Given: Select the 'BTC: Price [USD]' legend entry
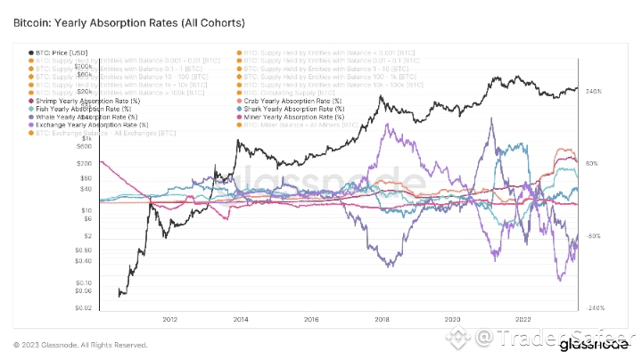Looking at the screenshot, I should click(x=58, y=53).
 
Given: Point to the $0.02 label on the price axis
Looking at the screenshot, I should click(x=84, y=307).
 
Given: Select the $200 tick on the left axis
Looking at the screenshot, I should click(x=85, y=164).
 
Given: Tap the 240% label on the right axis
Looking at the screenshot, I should click(x=596, y=91).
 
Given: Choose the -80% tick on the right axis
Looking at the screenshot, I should click(x=595, y=236).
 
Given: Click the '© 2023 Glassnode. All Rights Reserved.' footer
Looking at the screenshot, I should click(x=81, y=344).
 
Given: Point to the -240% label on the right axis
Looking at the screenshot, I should click(x=595, y=307).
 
